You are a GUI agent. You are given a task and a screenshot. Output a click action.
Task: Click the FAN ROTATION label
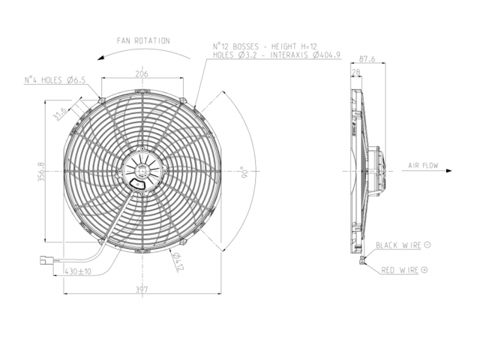coord(143,40)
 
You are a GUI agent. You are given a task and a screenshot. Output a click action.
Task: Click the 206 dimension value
coord(142,73)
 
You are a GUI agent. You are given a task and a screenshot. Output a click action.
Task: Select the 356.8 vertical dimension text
coord(41,172)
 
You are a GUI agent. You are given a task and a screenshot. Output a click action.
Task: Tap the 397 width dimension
coord(142,289)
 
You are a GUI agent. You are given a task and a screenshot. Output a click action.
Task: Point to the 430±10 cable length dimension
coord(78,271)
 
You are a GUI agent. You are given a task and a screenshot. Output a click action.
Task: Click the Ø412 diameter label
coord(178,262)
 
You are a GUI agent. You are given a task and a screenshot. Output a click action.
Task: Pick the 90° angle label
coord(244,173)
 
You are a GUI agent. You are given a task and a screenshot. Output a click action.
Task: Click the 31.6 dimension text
coord(60,114)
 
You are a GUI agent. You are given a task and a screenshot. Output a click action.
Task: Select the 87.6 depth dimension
coord(367,58)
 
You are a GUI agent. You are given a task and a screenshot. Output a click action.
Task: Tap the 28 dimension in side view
coord(356,72)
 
